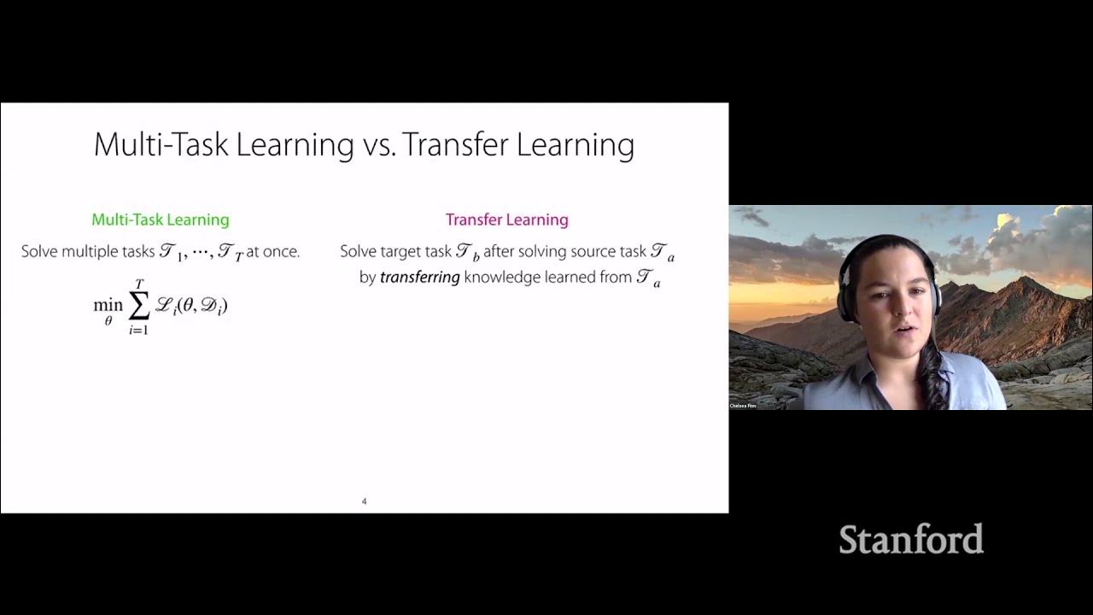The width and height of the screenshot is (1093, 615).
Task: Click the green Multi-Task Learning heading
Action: click(161, 220)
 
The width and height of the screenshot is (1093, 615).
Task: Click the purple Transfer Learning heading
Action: click(506, 220)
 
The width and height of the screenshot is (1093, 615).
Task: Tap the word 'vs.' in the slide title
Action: click(376, 145)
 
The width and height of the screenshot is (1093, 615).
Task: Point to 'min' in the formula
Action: click(108, 305)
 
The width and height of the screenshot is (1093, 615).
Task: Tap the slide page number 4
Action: click(364, 501)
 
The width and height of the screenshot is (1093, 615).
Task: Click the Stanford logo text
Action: click(910, 540)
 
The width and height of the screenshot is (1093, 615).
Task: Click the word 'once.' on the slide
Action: click(281, 252)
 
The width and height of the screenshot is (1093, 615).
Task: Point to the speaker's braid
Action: click(937, 376)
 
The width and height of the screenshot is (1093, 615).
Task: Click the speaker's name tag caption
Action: click(743, 406)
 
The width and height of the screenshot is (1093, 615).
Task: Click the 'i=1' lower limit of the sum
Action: click(138, 331)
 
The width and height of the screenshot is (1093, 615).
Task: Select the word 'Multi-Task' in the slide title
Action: click(161, 145)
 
